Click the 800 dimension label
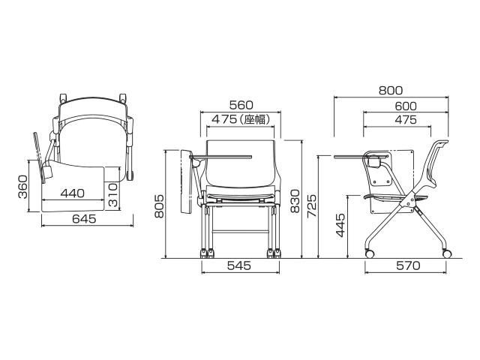tap(391, 91)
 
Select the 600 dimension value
tap(406, 106)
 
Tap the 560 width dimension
tap(241, 105)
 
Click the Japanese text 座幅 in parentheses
tap(256, 119)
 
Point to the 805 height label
tap(159, 206)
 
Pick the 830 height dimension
tap(295, 201)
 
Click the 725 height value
tap(312, 206)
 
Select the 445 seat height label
tap(340, 226)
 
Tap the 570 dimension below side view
tap(408, 265)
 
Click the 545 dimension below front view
tap(239, 265)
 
